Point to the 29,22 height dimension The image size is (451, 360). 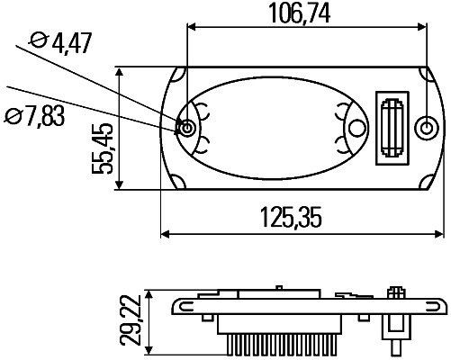point(134,322)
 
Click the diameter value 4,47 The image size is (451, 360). point(71,41)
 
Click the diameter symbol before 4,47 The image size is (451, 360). point(39,41)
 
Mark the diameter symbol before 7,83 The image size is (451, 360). point(14,115)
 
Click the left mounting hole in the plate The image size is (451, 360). point(186,128)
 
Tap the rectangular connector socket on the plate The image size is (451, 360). point(393,128)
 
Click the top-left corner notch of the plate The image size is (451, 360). point(180,71)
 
